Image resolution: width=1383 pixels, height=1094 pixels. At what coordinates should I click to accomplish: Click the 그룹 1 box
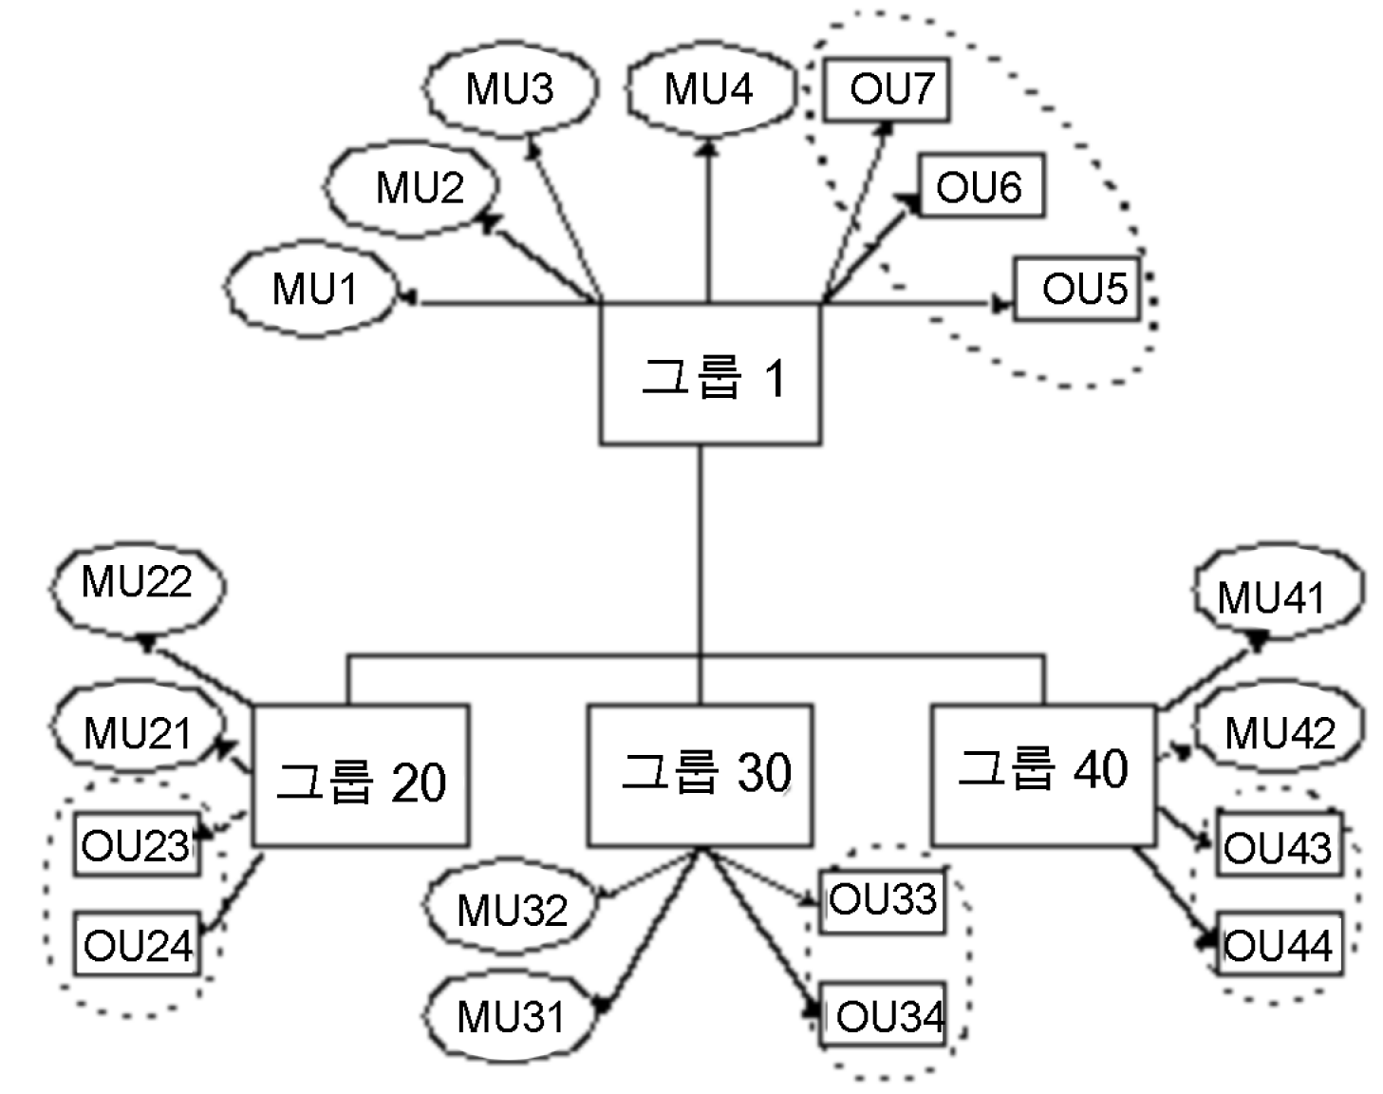[710, 374]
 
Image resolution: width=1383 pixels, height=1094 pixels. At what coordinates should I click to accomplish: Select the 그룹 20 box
[361, 776]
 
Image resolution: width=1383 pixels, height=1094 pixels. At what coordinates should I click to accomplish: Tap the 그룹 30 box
[701, 774]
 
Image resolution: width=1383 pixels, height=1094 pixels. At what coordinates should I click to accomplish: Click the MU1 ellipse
[311, 289]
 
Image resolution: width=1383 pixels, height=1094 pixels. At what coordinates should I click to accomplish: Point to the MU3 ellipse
[510, 88]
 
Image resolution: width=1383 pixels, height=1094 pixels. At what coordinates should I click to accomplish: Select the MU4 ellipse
[709, 88]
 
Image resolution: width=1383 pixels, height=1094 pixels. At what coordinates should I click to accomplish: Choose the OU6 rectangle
[981, 186]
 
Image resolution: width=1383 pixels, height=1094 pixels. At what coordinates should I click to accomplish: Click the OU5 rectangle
[1076, 289]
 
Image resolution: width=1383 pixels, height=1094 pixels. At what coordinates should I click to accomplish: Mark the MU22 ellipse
[137, 583]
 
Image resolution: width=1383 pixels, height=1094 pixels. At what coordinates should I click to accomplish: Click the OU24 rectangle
[138, 944]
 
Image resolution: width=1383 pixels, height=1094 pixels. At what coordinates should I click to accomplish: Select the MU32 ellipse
[511, 909]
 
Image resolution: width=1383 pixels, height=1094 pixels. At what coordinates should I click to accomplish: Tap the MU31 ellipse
[511, 1016]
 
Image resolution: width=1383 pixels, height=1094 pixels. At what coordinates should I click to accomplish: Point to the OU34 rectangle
[883, 1015]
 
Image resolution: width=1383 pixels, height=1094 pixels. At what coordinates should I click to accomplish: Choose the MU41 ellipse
[1275, 595]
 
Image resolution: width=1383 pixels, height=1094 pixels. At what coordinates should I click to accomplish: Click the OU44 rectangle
[1280, 944]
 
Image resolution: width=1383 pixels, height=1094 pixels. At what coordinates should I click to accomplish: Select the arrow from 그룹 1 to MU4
[707, 223]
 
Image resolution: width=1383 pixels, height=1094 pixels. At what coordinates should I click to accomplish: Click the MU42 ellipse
[1279, 732]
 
